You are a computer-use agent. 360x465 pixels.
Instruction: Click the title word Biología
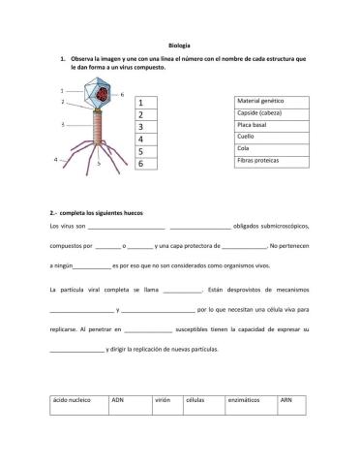click(179, 45)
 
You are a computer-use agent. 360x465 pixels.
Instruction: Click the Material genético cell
click(267, 102)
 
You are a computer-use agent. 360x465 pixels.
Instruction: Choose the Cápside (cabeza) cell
click(267, 113)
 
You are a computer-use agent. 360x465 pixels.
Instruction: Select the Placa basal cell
click(267, 125)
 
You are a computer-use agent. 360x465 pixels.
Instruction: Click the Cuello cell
click(267, 137)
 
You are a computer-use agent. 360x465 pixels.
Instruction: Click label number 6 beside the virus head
click(122, 94)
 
